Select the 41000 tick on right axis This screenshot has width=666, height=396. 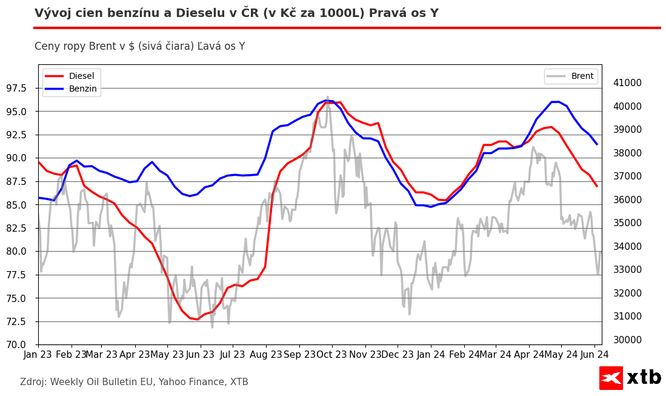click(624, 83)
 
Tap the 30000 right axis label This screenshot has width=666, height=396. click(624, 340)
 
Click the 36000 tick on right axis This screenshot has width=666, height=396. click(624, 200)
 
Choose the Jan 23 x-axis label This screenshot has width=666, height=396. click(38, 354)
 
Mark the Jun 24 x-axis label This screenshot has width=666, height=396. click(594, 354)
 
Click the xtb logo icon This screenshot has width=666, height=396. click(611, 378)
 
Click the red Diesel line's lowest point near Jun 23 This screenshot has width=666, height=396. click(197, 319)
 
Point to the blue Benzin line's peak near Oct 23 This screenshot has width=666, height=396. click(327, 101)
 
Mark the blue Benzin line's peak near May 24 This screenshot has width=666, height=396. click(555, 102)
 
